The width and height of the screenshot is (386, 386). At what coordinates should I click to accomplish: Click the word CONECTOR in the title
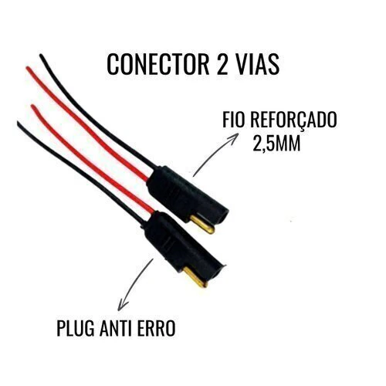157,64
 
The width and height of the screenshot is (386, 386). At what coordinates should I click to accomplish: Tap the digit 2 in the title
221,64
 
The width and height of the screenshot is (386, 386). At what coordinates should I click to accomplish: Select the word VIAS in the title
256,64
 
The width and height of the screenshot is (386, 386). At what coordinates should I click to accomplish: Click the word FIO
233,120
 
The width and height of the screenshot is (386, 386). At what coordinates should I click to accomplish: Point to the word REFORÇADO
293,120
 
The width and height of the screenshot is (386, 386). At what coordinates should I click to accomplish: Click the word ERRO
157,328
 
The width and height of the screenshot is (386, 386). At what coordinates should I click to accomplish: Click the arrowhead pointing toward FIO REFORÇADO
233,137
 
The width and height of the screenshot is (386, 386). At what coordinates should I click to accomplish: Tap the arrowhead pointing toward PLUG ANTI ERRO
121,305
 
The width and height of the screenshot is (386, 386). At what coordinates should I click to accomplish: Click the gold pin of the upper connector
202,224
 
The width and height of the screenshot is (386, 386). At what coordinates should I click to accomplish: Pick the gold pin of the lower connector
195,277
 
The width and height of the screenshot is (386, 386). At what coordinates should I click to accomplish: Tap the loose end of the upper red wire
28,68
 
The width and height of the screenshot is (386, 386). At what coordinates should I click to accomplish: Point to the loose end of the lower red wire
32,106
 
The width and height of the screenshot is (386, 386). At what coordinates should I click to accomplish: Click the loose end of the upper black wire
41,55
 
